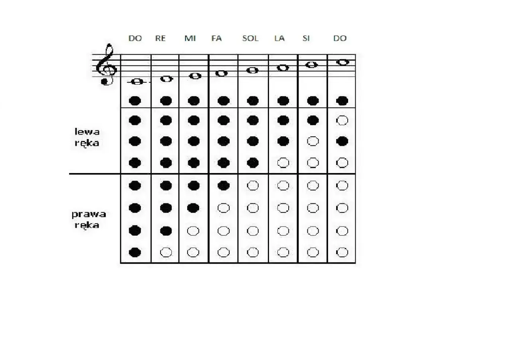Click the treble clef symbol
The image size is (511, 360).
click(106, 65)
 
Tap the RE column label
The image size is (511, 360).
click(160, 38)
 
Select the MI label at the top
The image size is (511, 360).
click(190, 38)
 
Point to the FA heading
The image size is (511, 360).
click(216, 38)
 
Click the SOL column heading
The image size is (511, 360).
click(250, 38)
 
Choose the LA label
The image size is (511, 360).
click(279, 38)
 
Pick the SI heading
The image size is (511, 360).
click(306, 38)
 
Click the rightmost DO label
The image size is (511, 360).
click(340, 38)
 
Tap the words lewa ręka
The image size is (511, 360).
click(87, 138)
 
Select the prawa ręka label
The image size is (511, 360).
click(89, 220)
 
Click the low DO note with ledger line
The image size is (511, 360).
click(137, 82)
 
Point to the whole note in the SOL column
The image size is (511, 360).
click(253, 70)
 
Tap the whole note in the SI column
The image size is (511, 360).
click(311, 65)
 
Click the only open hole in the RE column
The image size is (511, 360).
click(166, 252)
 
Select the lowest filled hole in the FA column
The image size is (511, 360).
click(224, 185)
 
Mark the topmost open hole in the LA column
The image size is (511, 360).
click(283, 163)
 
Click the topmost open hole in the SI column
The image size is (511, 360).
click(313, 141)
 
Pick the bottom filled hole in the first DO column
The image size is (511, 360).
click(135, 252)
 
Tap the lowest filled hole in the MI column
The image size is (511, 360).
click(193, 208)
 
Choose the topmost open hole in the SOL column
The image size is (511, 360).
click(253, 185)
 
